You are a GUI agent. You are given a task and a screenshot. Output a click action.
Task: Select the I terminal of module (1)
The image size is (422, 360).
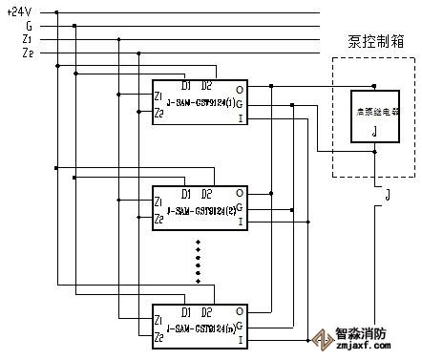(x=240, y=118)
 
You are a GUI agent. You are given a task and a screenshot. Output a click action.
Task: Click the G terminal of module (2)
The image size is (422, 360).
(x=240, y=207)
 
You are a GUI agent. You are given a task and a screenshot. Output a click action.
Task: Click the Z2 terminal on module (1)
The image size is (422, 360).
(x=158, y=112)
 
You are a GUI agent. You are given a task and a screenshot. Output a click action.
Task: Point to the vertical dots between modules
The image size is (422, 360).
(x=199, y=262)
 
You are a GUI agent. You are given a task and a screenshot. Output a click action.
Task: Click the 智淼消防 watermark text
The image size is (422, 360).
(x=369, y=335)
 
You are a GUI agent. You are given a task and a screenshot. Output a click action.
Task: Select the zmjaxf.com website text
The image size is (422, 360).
(x=369, y=349)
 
